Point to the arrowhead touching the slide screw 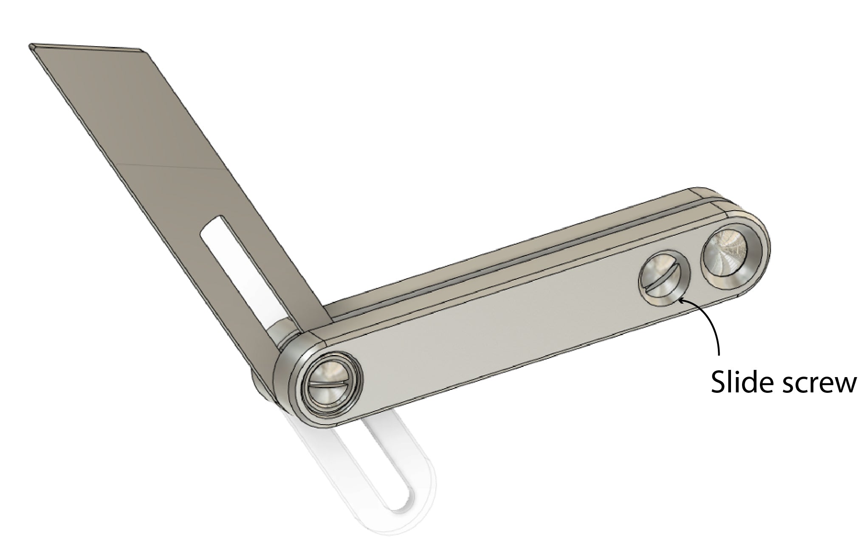pyautogui.click(x=681, y=301)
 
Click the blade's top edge pyautogui.click(x=85, y=46)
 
